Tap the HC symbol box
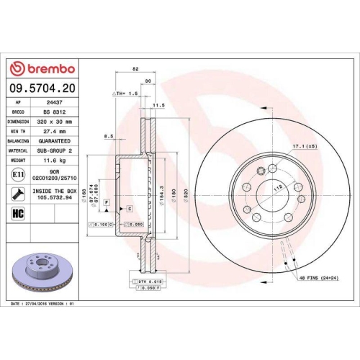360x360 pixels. click(17, 214)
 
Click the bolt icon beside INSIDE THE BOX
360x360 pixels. click(17, 194)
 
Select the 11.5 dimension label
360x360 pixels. click(159, 106)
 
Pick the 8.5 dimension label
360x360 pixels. click(109, 136)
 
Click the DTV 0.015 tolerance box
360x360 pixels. click(141, 280)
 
